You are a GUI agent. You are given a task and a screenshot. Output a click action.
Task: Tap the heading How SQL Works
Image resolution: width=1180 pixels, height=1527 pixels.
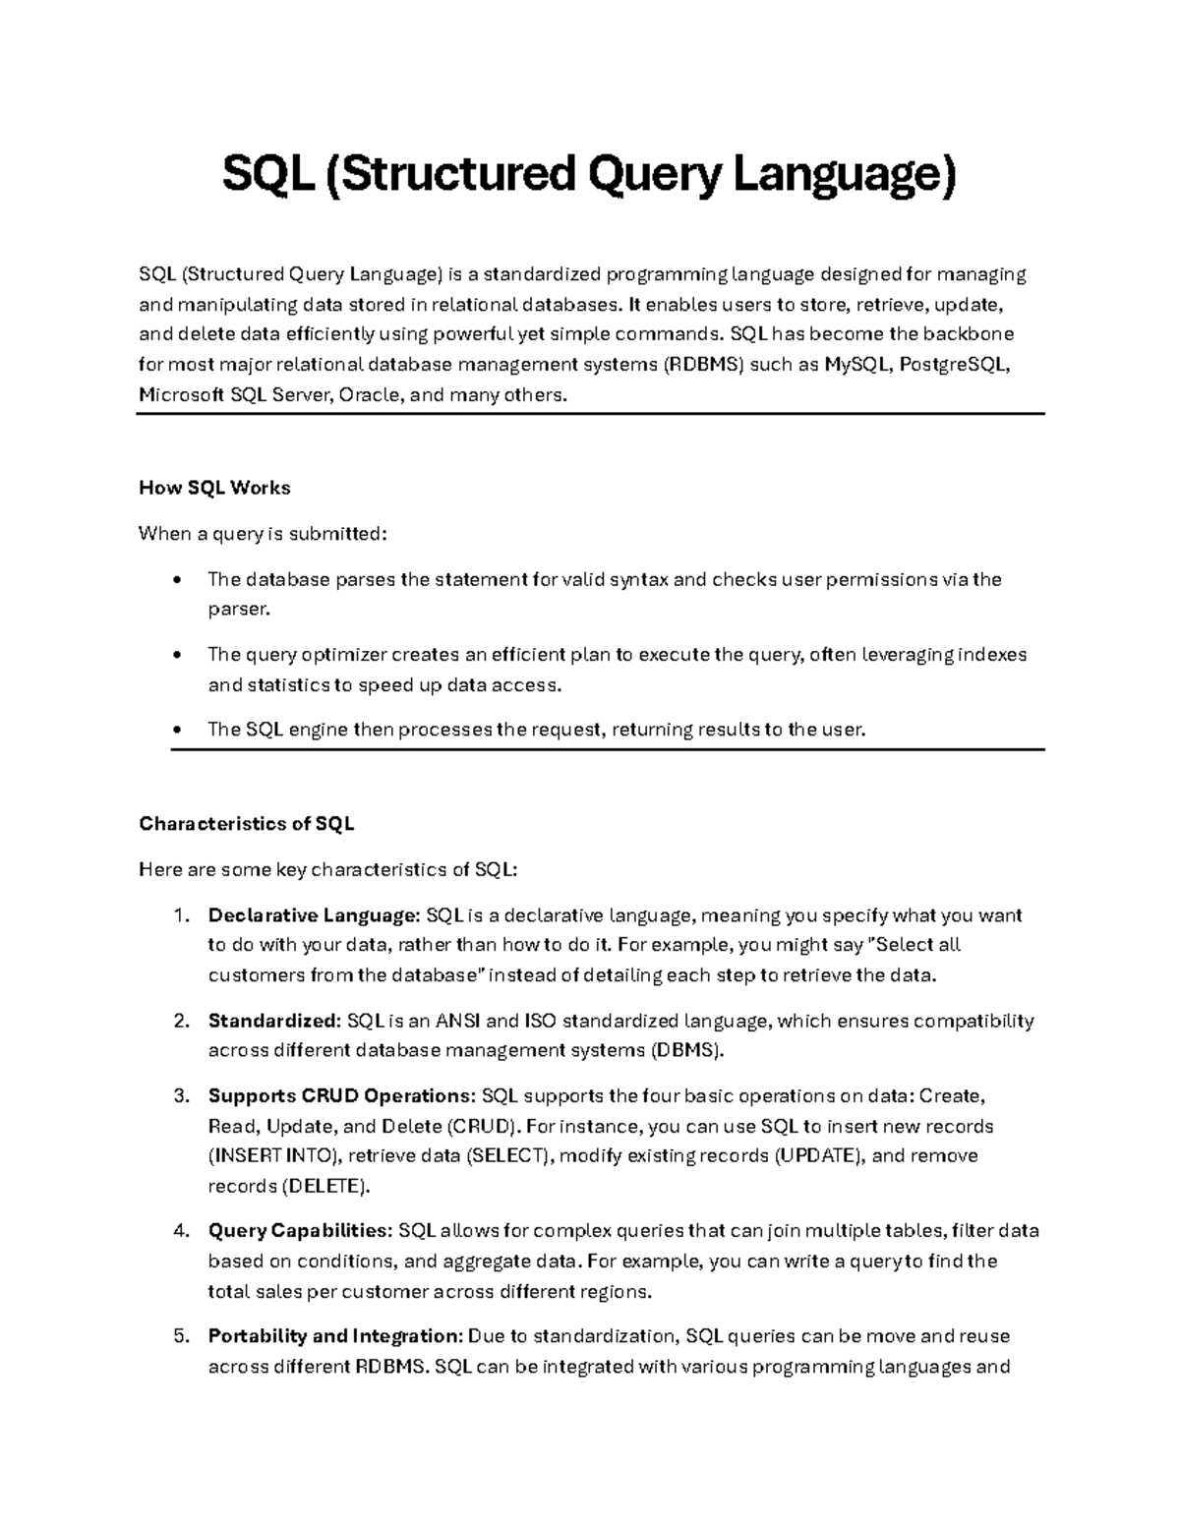pos(214,488)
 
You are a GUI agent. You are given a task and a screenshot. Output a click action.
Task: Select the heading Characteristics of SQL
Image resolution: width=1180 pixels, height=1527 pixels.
pos(247,824)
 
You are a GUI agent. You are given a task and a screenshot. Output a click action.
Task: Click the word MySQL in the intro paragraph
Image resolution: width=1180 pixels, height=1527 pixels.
pos(856,365)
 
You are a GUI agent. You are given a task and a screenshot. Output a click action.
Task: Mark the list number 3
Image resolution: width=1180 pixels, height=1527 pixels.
pos(180,1095)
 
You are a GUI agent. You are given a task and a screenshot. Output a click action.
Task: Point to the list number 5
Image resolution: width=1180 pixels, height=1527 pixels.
pos(180,1336)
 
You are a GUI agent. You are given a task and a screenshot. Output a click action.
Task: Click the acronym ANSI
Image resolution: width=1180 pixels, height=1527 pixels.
pos(457,1021)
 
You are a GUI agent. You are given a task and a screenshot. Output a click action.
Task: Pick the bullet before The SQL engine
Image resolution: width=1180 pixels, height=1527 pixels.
pos(176,730)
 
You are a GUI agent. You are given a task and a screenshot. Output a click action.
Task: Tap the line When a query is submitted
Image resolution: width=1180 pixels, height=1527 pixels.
pos(264,534)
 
